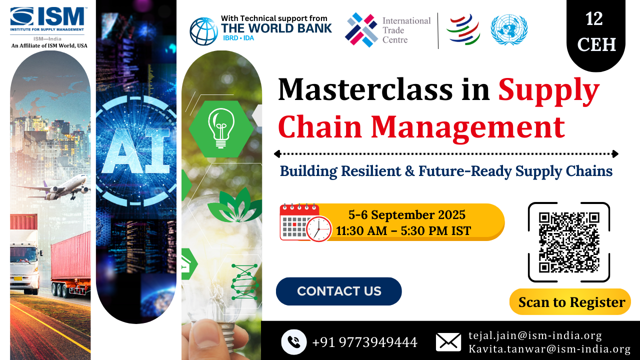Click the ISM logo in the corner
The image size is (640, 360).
click(48, 19)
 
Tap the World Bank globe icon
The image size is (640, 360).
click(203, 31)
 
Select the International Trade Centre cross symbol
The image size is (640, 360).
click(361, 29)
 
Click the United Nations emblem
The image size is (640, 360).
click(509, 29)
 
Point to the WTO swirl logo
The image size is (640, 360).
click(463, 29)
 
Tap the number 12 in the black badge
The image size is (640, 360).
click(594, 19)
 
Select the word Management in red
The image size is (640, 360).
click(467, 127)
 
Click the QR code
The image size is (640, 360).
click(569, 242)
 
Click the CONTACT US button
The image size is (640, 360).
click(339, 291)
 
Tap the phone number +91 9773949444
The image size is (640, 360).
click(364, 342)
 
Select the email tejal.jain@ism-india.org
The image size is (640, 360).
click(535, 335)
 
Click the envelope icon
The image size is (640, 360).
click(448, 342)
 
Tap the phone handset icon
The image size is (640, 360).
click(293, 341)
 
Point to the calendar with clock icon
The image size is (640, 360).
click(305, 223)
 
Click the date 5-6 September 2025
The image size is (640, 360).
click(407, 215)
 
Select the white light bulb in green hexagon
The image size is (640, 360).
click(221, 128)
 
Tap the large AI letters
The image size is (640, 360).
click(136, 150)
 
